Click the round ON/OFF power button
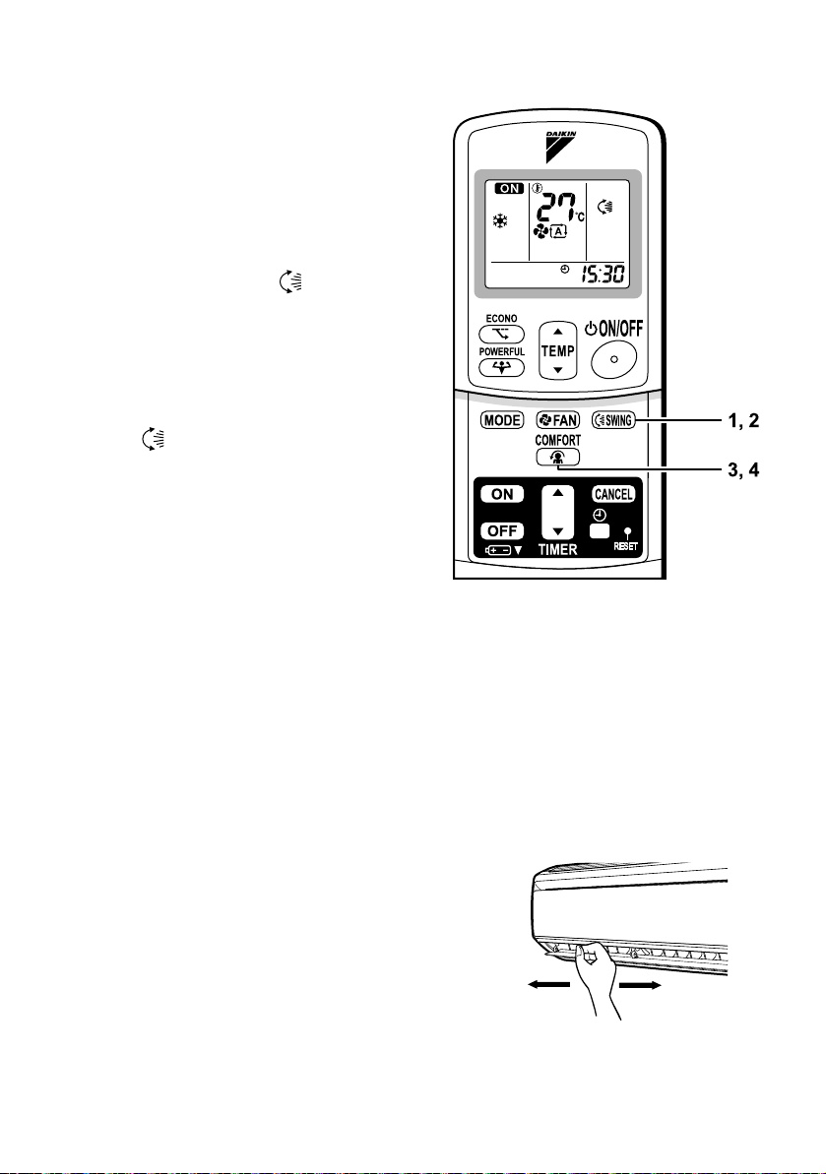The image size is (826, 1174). coord(612,360)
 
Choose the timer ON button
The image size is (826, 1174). coord(501,494)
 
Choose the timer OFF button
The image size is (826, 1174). coord(501,529)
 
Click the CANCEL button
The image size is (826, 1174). coord(613,494)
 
